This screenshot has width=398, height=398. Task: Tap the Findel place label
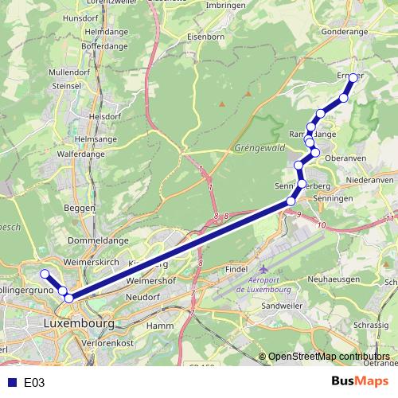236,270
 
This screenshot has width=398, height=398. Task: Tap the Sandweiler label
281,306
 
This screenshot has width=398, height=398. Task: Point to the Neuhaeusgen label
335,279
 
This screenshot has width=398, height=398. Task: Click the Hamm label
160,326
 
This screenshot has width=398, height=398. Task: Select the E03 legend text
34,383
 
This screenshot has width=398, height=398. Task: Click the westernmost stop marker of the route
45,274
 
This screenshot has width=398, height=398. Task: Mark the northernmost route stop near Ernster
353,78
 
